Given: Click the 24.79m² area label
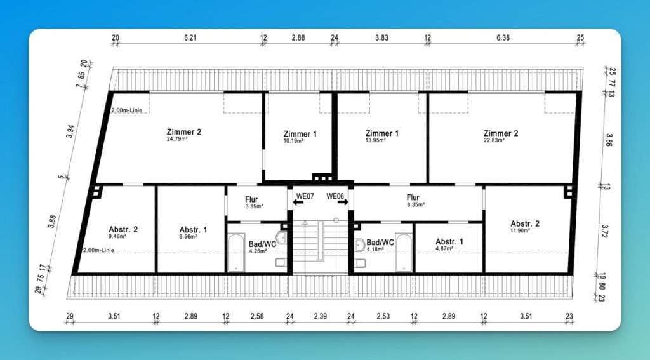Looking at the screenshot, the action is pyautogui.click(x=177, y=139).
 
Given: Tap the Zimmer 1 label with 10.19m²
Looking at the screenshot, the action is pyautogui.click(x=300, y=134).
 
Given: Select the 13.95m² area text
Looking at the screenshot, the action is pyautogui.click(x=376, y=140).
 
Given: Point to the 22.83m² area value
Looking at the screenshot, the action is pyautogui.click(x=494, y=140).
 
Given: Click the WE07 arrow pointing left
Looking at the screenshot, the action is pyautogui.click(x=298, y=203).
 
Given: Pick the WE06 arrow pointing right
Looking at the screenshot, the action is pyautogui.click(x=342, y=203).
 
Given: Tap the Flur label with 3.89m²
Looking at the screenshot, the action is pyautogui.click(x=251, y=199).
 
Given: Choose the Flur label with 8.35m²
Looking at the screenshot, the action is pyautogui.click(x=413, y=197).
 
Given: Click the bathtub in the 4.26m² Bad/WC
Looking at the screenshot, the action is pyautogui.click(x=236, y=253).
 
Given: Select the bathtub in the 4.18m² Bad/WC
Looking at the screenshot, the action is pyautogui.click(x=404, y=253).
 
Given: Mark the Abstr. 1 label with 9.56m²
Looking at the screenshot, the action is pyautogui.click(x=193, y=230).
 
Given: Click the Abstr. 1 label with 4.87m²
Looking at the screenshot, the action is pyautogui.click(x=449, y=241).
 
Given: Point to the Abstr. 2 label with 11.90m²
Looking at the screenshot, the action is pyautogui.click(x=525, y=223).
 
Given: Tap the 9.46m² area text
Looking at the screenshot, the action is pyautogui.click(x=117, y=236).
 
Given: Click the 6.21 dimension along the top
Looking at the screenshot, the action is pyautogui.click(x=190, y=37).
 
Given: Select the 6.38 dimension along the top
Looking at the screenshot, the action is pyautogui.click(x=503, y=37).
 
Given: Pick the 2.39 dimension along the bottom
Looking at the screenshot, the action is pyautogui.click(x=320, y=316).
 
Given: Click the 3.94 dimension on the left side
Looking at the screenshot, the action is pyautogui.click(x=70, y=131).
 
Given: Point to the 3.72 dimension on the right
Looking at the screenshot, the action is pyautogui.click(x=605, y=231).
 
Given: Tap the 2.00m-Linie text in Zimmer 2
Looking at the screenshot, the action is pyautogui.click(x=127, y=110).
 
